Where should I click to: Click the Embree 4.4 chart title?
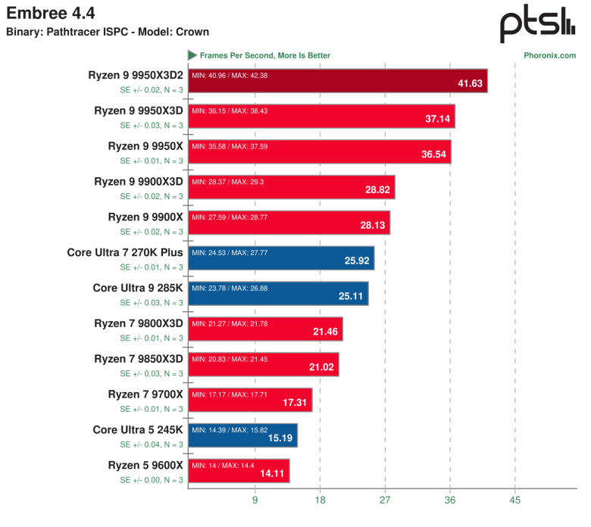[x=45, y=13]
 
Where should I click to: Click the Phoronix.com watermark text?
[x=549, y=55]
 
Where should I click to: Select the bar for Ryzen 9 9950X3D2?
[x=337, y=81]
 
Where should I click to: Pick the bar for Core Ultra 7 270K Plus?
[x=281, y=258]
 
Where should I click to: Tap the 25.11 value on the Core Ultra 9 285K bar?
[x=352, y=295]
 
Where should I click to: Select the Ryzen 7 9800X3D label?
[x=139, y=323]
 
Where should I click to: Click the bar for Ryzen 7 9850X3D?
[x=264, y=364]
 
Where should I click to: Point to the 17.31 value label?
[x=295, y=403]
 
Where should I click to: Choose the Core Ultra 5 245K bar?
[x=242, y=435]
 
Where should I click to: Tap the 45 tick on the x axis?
[x=515, y=500]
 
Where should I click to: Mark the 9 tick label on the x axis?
[x=255, y=500]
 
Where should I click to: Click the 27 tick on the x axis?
[x=385, y=500]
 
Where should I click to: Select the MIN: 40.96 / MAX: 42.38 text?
[x=230, y=76]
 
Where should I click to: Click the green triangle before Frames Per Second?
[x=192, y=55]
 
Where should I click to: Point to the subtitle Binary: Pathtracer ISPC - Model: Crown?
[x=108, y=32]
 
